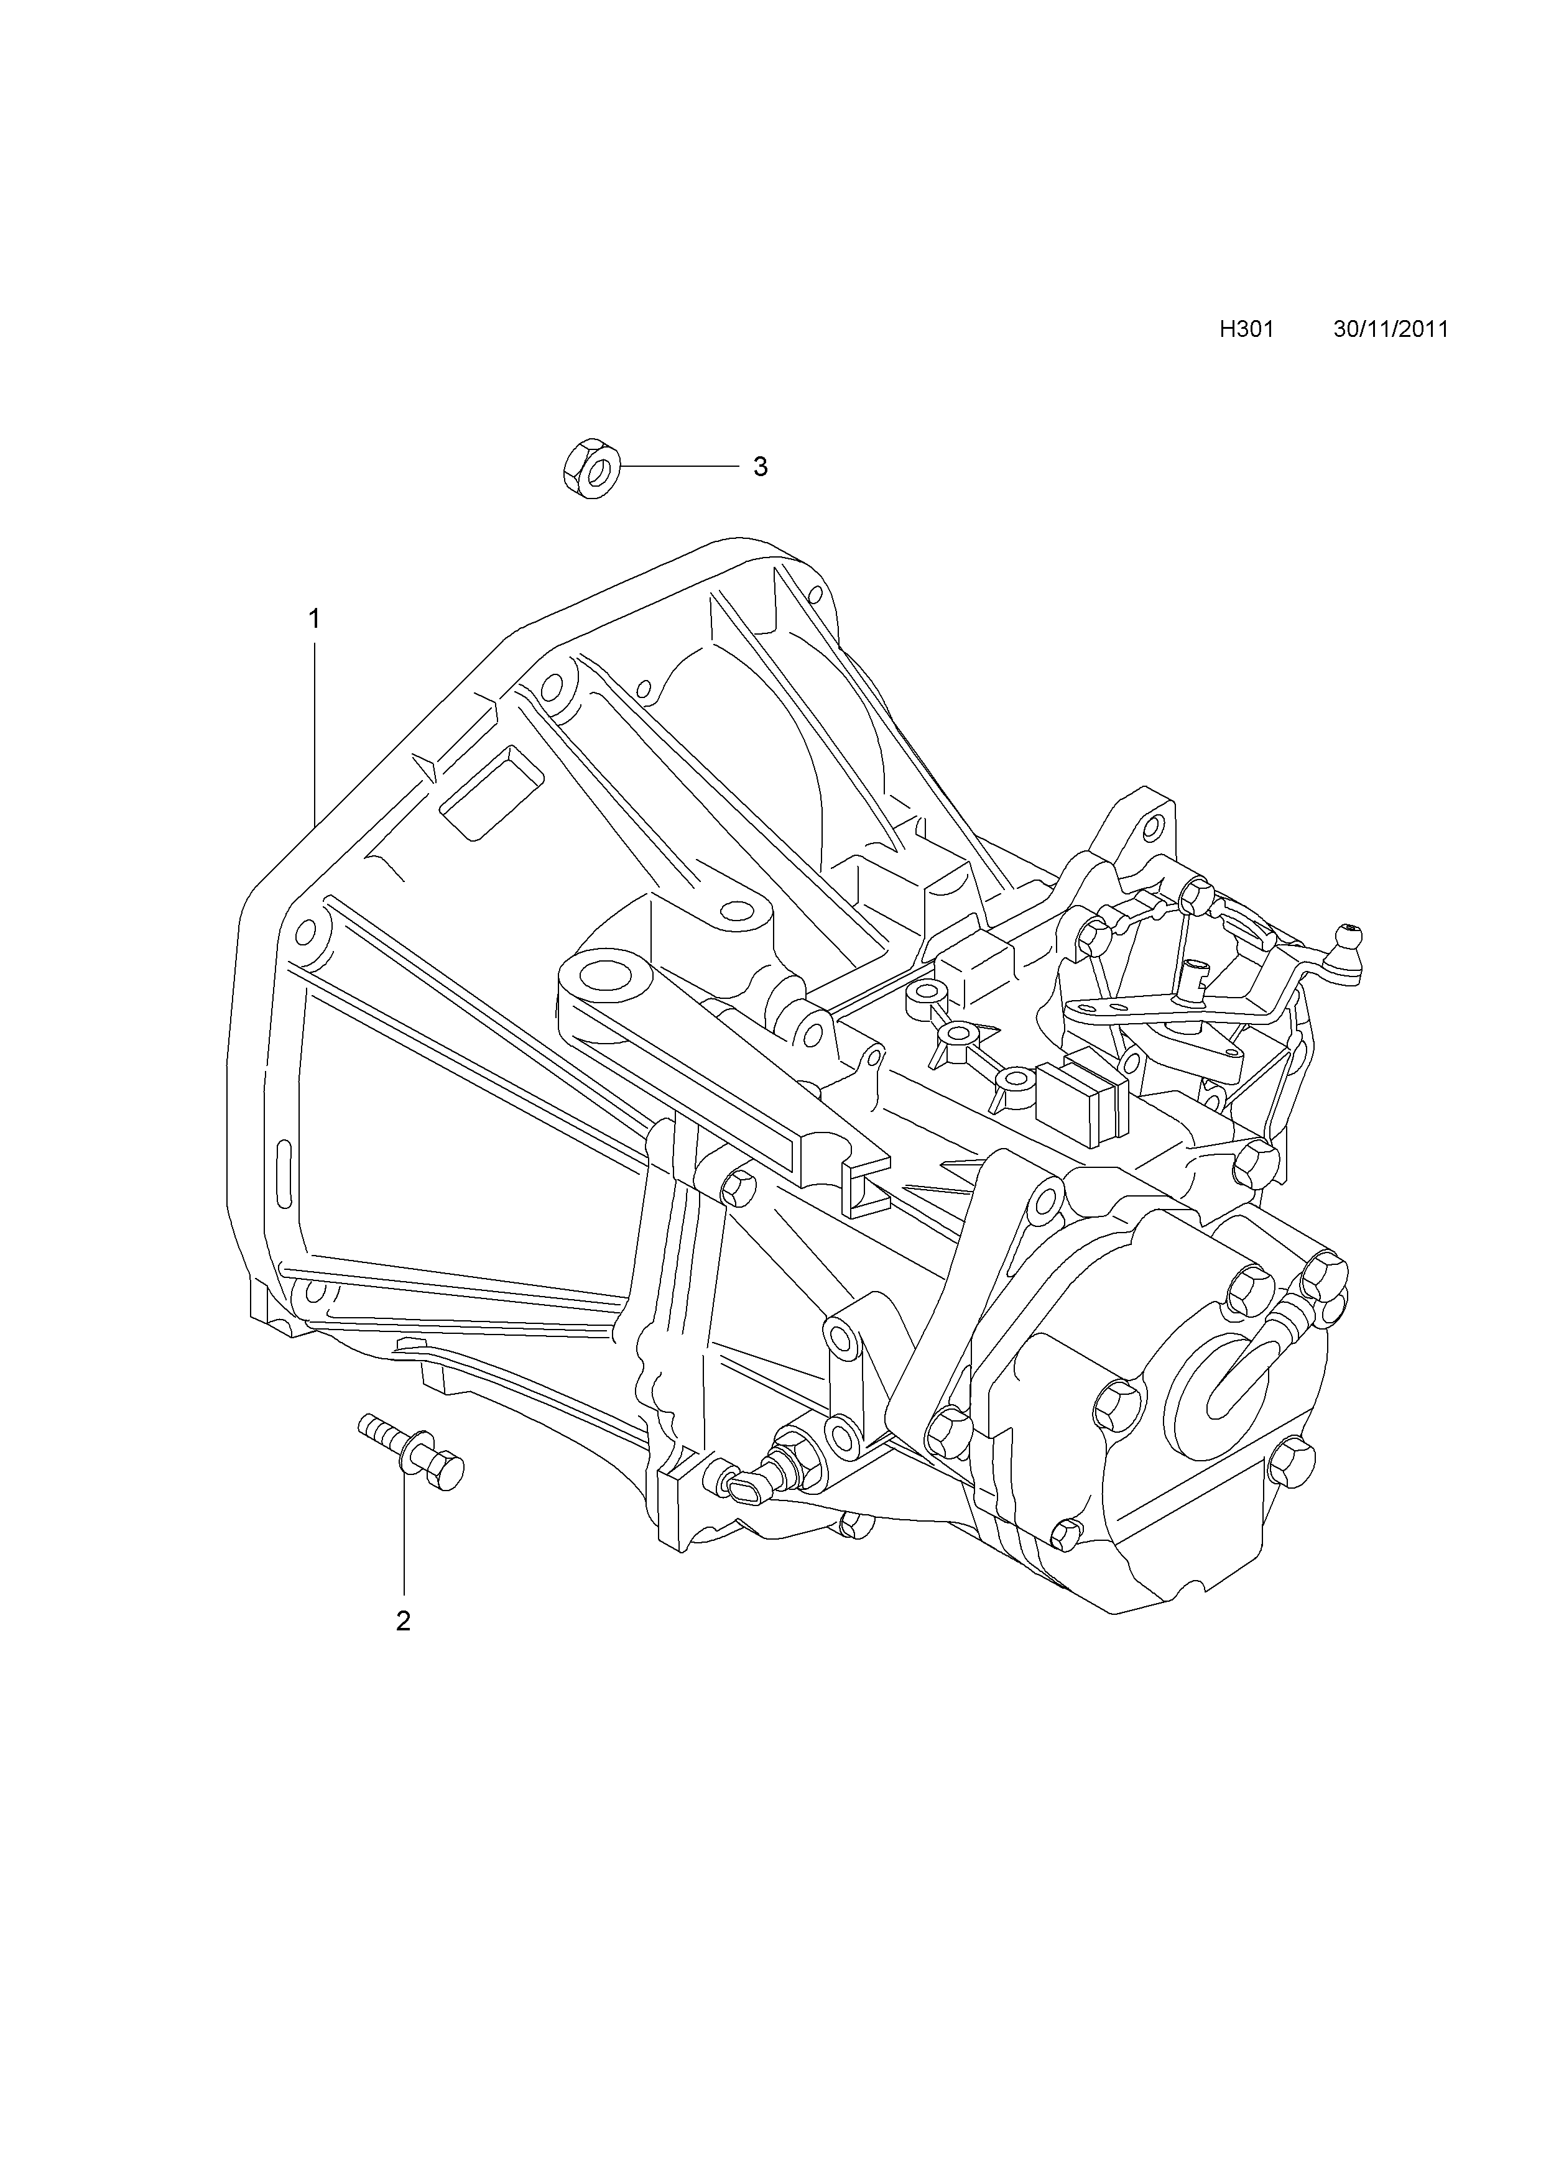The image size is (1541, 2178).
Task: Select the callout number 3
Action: tap(760, 467)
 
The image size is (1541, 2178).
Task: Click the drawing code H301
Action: tap(1246, 329)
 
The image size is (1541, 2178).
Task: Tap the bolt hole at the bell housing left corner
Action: tap(305, 932)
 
